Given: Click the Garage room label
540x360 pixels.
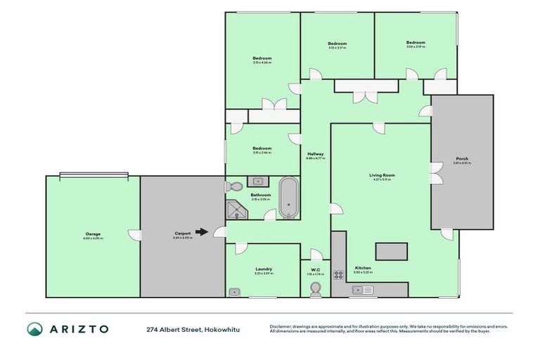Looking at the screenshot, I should (x=93, y=234).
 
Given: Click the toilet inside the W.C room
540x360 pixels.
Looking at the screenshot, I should (x=316, y=289).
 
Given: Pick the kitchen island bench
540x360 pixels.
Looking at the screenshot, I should (x=392, y=251).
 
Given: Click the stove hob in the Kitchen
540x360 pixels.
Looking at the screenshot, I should (x=338, y=275).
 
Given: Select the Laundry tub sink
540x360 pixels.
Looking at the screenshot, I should (x=234, y=291).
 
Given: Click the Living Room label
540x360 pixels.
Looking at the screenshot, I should (x=382, y=175).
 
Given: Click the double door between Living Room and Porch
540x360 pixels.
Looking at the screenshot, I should (x=436, y=171).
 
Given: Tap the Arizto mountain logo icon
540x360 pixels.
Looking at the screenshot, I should (x=35, y=329).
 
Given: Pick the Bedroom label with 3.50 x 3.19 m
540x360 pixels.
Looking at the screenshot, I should (x=415, y=43).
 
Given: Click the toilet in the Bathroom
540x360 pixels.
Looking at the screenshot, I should (x=235, y=187).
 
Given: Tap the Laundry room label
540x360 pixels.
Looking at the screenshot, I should (x=263, y=269).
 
